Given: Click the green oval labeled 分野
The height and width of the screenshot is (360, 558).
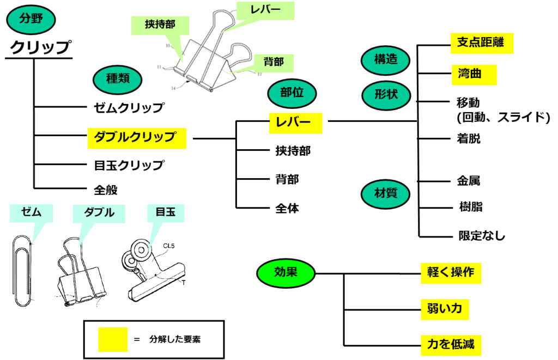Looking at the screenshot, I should [x=31, y=20].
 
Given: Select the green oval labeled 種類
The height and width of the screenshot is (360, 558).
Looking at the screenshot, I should [x=117, y=80].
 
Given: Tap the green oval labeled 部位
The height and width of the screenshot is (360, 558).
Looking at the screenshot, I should [x=292, y=93].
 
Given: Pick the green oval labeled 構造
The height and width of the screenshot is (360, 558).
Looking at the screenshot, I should [x=385, y=60].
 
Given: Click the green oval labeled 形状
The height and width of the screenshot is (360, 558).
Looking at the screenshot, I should [x=386, y=95].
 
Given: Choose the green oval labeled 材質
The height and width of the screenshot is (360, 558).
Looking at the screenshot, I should [x=385, y=194].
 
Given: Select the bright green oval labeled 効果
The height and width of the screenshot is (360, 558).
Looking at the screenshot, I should [x=286, y=273].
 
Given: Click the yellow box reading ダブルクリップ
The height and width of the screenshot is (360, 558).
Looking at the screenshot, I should [x=137, y=138].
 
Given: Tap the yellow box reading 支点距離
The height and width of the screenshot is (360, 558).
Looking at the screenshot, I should [x=482, y=43].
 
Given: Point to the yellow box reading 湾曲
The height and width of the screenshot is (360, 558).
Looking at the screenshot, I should [x=474, y=75].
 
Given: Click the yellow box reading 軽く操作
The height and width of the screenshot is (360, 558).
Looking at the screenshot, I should [x=451, y=273].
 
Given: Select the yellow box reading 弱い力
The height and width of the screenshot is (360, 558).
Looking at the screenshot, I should [x=445, y=309].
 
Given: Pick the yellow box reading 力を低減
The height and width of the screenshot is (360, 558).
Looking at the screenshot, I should [x=451, y=345].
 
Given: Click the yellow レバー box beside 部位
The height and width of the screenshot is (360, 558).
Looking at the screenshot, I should [x=295, y=123].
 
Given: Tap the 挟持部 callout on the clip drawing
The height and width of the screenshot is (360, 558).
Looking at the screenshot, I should [x=160, y=26].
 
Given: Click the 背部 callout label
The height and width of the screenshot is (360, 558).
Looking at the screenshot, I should [x=274, y=63].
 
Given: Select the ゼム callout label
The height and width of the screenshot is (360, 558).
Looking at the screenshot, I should [x=31, y=213].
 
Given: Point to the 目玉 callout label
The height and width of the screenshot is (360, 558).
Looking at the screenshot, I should [x=166, y=213].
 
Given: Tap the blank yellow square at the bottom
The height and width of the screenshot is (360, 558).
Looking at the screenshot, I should [x=113, y=339].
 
